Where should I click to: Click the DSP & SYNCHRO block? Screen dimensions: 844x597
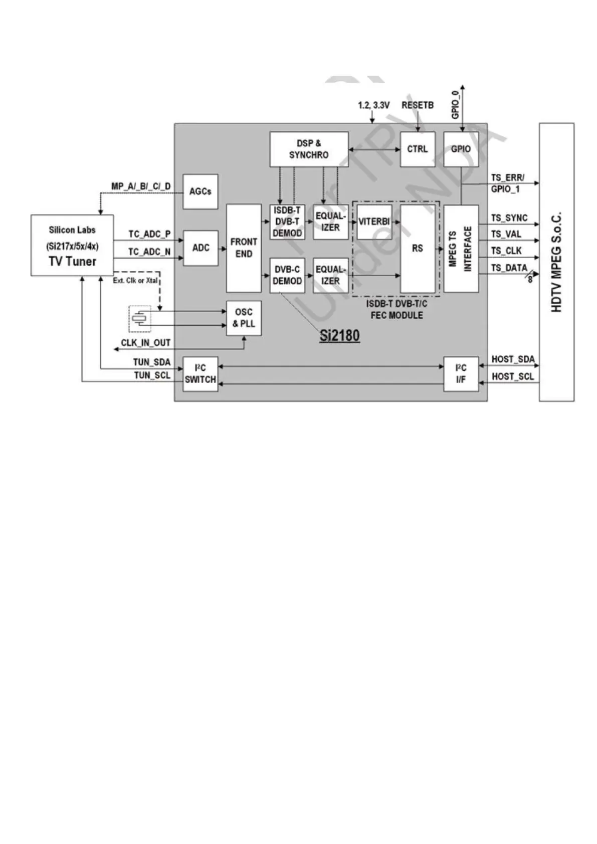[x=309, y=149]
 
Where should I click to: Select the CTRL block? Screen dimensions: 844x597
[x=417, y=149]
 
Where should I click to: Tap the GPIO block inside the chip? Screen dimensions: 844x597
[x=461, y=149]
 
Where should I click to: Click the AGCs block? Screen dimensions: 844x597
[x=200, y=191]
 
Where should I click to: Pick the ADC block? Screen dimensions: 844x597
[x=201, y=248]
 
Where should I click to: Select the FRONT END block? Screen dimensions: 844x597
[x=244, y=248]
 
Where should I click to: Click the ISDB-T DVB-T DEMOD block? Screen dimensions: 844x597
[x=287, y=222]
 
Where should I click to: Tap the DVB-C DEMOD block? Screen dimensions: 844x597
[x=287, y=275]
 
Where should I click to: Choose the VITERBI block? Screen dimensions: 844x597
[x=374, y=222]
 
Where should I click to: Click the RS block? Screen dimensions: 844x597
[x=417, y=249]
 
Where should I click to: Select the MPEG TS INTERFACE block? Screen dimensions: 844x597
[x=461, y=249]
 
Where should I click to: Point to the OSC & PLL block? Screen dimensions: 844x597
[x=244, y=318]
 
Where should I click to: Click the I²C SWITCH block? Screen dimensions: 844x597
[x=200, y=374]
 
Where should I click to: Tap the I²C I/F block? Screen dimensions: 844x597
[x=461, y=374]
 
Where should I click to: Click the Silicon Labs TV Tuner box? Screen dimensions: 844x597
[x=72, y=246]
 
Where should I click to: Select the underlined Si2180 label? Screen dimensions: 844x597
[x=339, y=335]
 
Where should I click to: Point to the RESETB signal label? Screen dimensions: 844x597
[x=417, y=105]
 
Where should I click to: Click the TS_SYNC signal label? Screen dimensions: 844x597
[x=509, y=218]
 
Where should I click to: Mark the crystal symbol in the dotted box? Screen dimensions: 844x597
[x=140, y=319]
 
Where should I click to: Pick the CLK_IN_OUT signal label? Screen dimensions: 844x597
[x=145, y=343]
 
